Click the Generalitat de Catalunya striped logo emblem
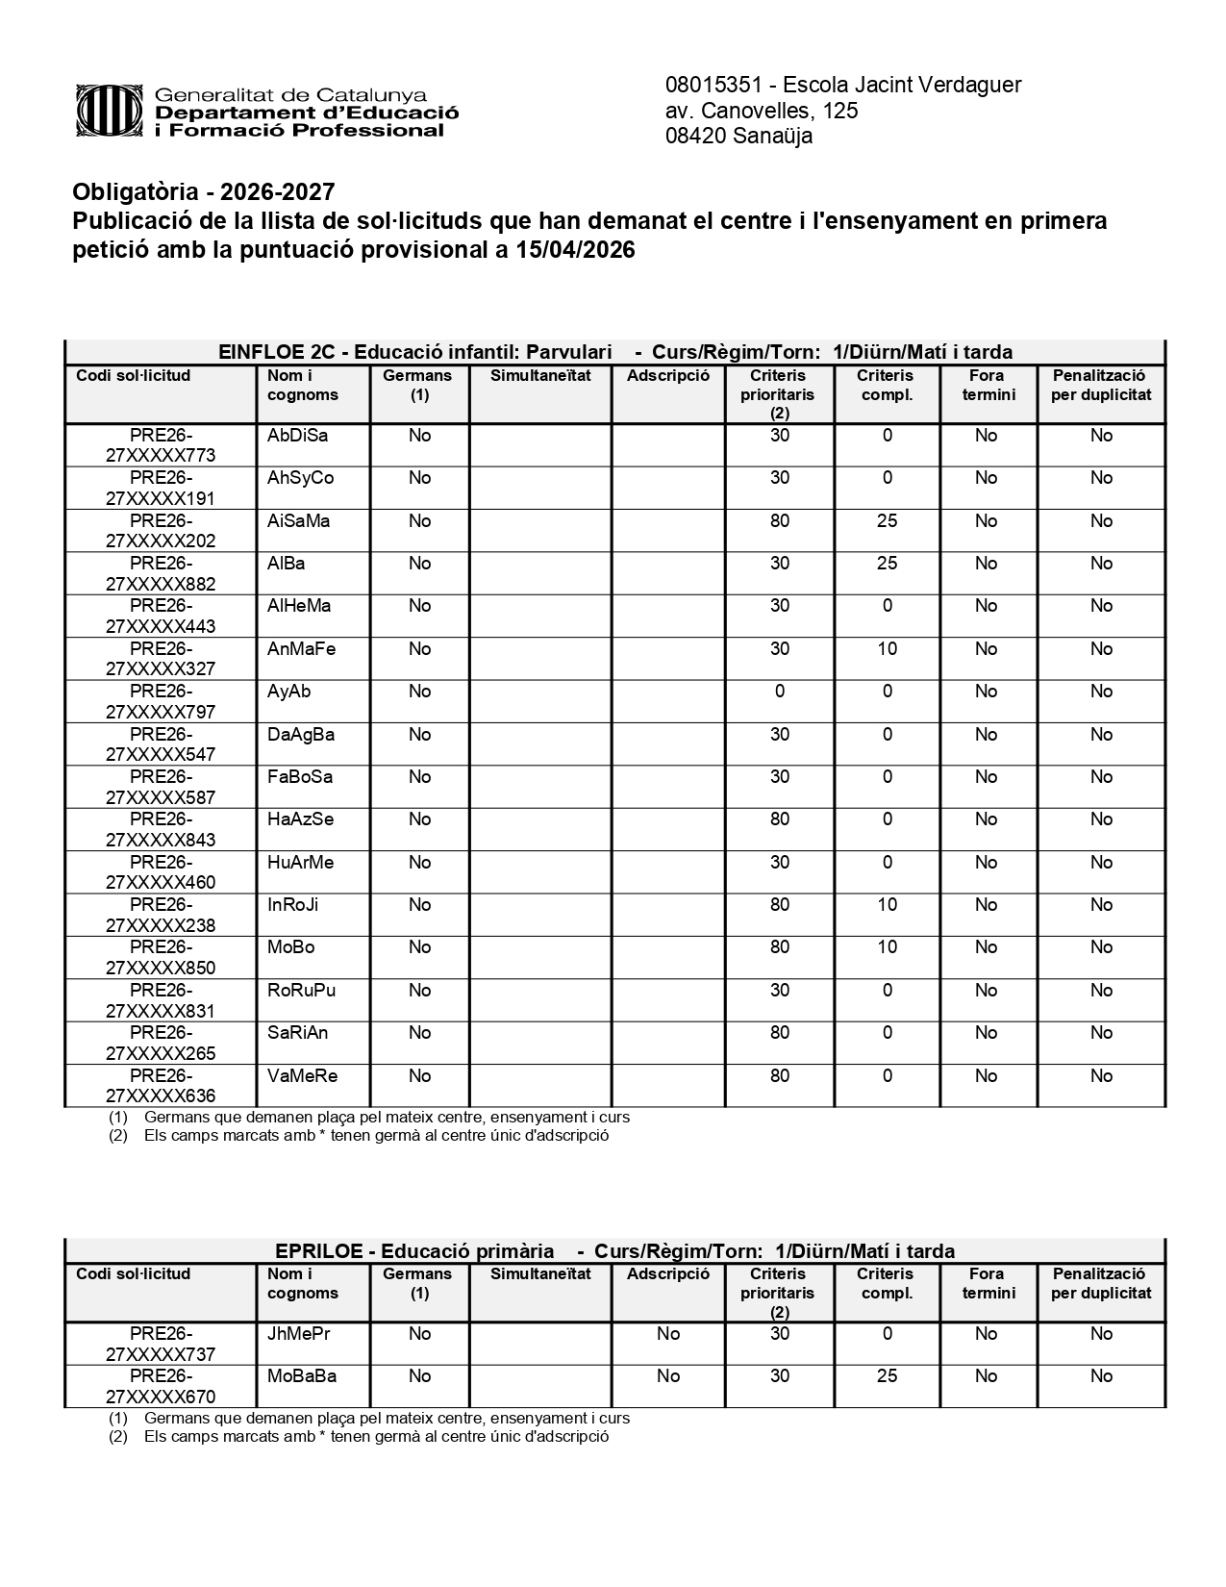[112, 112]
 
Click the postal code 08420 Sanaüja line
[738, 136]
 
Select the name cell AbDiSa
[298, 436]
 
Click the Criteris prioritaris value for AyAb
[779, 692]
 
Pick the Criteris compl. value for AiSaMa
[887, 521]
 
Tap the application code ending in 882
[161, 573]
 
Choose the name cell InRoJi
[293, 905]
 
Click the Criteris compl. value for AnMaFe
[887, 649]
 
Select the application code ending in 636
[161, 1086]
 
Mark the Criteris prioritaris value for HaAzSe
[779, 819]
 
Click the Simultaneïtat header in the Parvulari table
[540, 376]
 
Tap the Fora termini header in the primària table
[988, 1283]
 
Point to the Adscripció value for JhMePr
[667, 1334]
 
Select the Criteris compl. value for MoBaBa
[887, 1376]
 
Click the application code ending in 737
[161, 1344]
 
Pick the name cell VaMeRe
[303, 1076]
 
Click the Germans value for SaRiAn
[419, 1033]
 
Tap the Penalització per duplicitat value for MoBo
[1101, 947]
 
